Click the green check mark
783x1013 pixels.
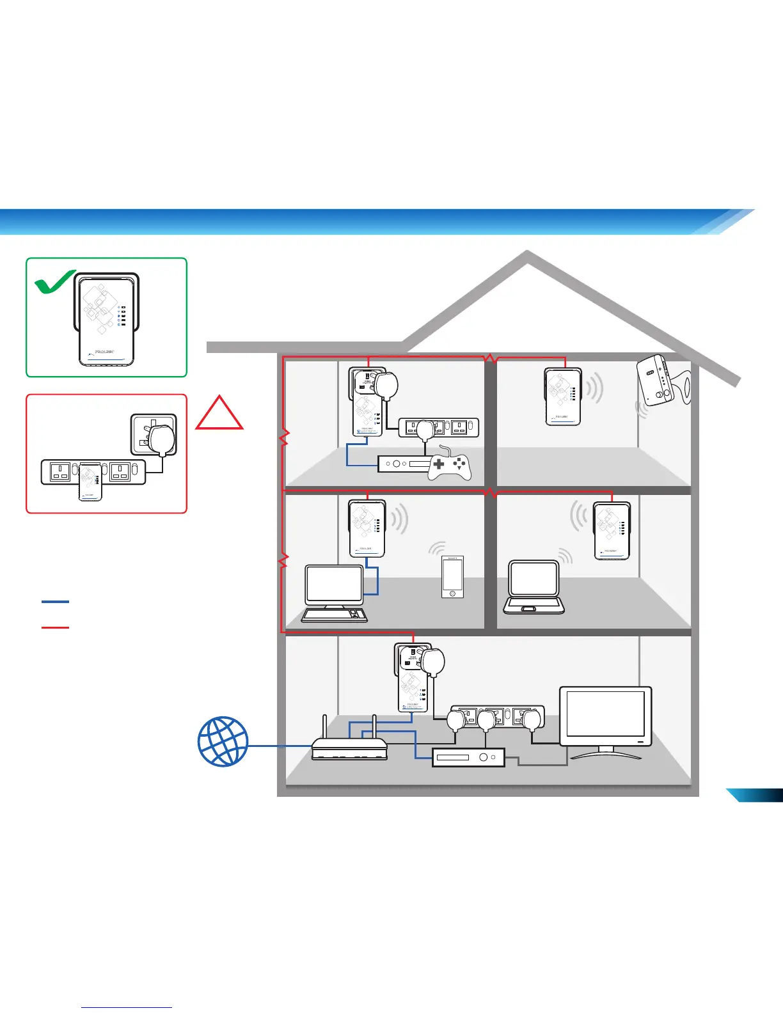coord(54,282)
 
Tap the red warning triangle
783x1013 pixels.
coord(219,415)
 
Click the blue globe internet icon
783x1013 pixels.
coord(223,742)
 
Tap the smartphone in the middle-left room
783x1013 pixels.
coord(452,577)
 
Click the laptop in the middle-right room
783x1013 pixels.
coord(534,588)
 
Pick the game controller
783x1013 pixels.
coord(450,466)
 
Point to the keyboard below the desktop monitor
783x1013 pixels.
coord(334,615)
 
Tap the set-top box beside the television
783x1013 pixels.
coord(468,758)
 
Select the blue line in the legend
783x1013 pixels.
coord(55,602)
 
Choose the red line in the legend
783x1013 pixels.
coord(55,627)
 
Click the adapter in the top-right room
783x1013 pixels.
coord(563,396)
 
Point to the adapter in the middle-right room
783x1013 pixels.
coord(612,531)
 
